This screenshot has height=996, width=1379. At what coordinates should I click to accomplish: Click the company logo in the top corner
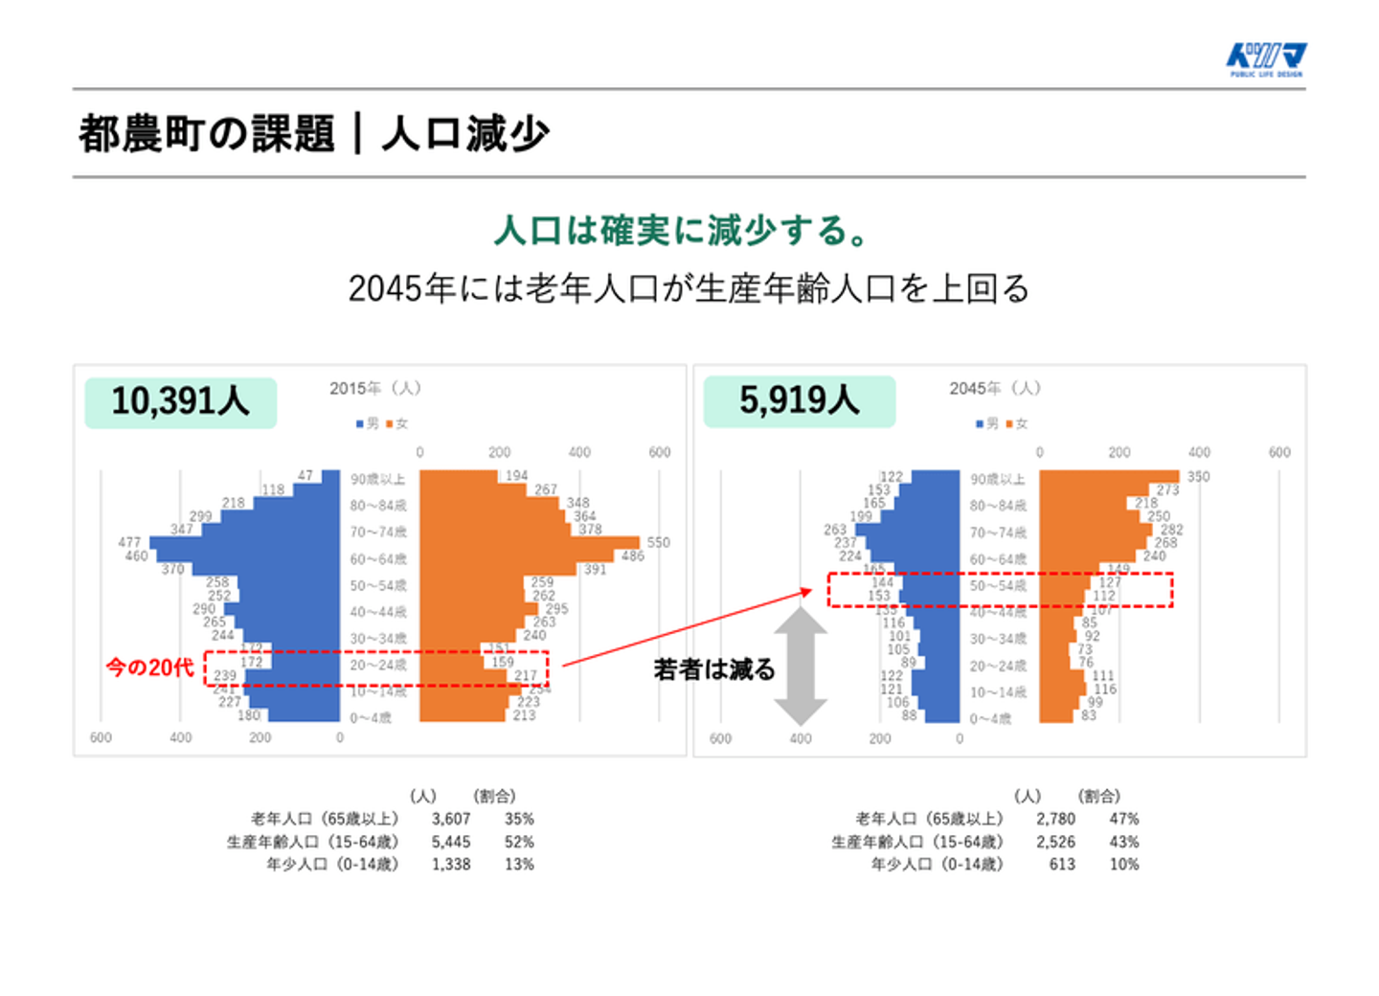point(1266,59)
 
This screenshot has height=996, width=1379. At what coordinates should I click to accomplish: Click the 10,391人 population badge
point(180,401)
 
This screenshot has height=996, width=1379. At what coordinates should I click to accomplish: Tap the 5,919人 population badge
point(799,400)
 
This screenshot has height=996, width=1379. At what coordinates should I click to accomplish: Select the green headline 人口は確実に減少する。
point(682,231)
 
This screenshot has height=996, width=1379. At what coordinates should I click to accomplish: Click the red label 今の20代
point(149,667)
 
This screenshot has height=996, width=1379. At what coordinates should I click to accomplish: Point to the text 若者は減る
point(714,668)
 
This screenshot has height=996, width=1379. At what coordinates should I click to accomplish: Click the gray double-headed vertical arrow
point(801,667)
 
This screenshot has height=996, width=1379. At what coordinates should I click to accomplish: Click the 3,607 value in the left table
point(450,819)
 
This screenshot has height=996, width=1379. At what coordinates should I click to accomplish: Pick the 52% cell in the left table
point(519,842)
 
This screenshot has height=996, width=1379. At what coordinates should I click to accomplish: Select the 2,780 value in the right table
point(1055,819)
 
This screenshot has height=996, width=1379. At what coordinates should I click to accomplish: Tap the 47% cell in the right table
point(1124,819)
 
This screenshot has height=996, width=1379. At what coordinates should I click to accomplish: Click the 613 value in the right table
point(1062,864)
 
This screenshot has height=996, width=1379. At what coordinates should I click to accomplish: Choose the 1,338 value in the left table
point(450,864)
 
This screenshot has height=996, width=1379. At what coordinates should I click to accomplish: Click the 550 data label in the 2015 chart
point(659,542)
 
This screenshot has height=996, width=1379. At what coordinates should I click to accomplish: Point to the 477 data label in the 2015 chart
point(129,542)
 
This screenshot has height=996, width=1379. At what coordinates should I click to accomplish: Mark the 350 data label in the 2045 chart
point(1198,476)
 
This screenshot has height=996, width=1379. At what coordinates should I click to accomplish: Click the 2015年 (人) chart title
point(375,388)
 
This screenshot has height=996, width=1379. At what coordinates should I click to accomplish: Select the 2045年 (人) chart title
point(995,388)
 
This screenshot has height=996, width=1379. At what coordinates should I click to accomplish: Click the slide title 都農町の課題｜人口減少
point(314,133)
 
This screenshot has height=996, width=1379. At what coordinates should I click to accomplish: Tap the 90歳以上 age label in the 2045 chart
point(997,479)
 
